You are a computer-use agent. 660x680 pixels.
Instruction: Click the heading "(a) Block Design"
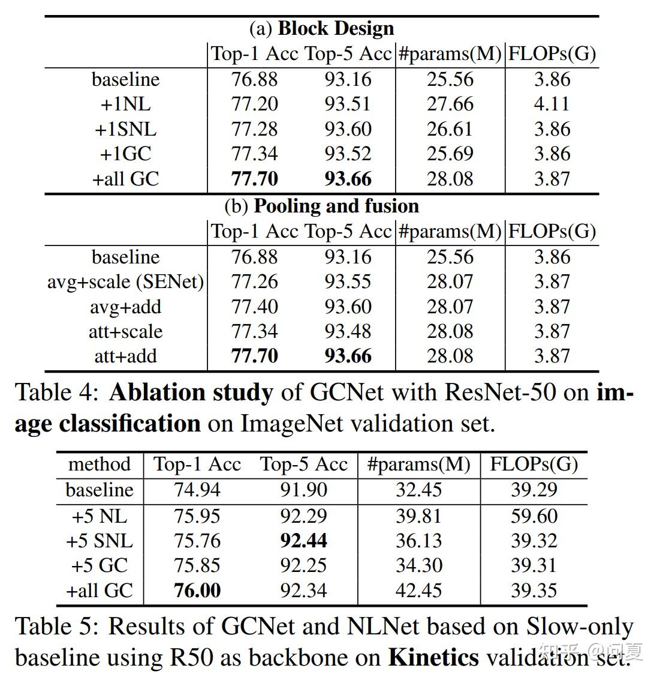321,28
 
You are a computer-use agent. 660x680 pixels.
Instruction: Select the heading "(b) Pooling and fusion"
321,206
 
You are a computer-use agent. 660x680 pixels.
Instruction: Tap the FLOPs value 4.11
551,104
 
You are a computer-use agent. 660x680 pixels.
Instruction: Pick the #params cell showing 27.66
450,104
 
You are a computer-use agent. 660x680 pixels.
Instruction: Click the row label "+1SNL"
125,129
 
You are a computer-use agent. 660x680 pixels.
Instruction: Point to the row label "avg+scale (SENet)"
125,281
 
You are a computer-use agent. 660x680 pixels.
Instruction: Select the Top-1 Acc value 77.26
254,281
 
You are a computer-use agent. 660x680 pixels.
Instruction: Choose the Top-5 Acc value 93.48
348,331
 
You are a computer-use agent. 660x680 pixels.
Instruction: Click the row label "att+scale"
125,331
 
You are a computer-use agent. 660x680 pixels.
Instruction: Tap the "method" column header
99,464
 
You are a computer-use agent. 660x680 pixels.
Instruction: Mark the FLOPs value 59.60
534,516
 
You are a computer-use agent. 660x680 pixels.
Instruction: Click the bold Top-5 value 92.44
303,541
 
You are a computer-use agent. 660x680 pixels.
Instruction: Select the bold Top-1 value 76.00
197,591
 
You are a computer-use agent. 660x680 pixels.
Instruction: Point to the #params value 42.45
418,591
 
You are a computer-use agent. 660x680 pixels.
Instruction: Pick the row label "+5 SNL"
99,541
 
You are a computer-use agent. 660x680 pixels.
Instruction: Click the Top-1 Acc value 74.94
197,490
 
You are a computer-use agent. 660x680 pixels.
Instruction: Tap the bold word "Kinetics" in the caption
433,657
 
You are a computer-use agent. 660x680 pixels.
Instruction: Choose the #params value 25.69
450,154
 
